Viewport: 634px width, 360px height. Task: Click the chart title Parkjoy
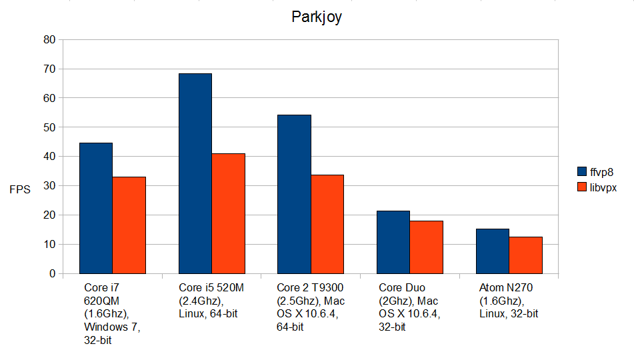317,17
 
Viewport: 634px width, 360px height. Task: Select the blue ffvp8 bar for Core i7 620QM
96,208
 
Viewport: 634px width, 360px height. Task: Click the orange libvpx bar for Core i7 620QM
129,225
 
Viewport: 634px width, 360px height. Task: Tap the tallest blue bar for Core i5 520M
195,173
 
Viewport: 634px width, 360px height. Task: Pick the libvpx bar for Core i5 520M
228,213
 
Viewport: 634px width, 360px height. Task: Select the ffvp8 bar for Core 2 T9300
294,194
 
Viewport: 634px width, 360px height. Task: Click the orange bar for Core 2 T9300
327,224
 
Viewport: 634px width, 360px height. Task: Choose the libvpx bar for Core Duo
426,247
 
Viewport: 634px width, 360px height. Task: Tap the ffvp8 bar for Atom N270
493,251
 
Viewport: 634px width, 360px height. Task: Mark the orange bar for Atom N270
525,255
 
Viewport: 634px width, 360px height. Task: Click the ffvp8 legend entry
597,171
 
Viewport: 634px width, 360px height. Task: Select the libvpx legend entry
597,188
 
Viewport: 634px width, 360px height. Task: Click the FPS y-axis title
19,189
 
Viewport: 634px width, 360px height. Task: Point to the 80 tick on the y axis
49,39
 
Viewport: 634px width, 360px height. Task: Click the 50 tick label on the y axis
49,127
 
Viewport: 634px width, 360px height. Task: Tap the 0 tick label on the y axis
52,273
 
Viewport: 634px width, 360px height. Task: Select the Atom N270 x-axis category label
509,301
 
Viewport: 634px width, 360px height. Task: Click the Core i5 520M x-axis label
210,301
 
